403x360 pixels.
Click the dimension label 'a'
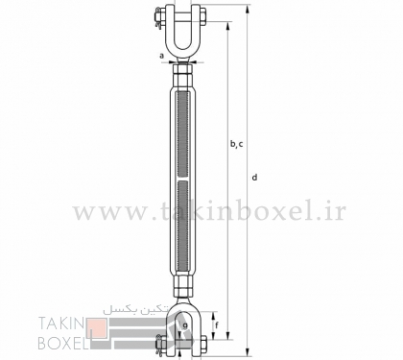click(162, 56)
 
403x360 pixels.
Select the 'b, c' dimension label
click(237, 144)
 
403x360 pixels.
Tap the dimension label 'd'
click(254, 177)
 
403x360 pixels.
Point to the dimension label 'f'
click(217, 325)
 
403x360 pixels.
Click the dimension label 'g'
click(185, 325)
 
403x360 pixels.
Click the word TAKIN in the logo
click(60, 324)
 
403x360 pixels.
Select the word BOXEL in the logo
click(63, 343)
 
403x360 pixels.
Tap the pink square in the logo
click(97, 328)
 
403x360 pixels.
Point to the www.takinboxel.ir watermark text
click(209, 211)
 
